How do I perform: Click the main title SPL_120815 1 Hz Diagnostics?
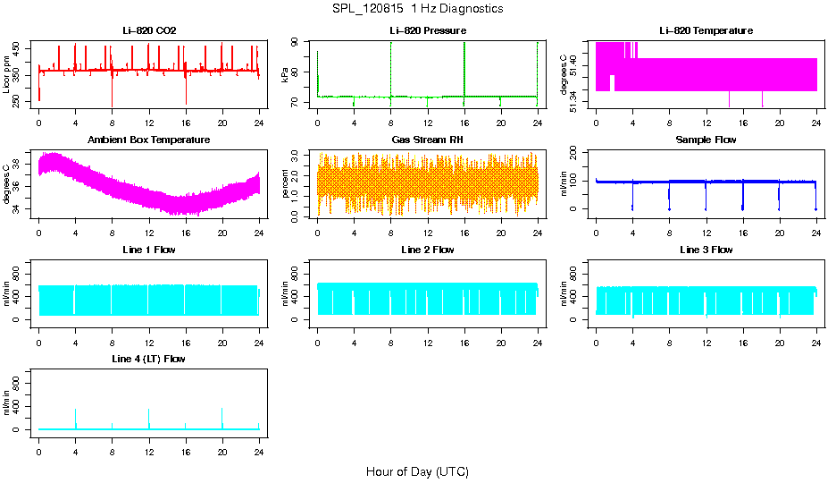click(418, 9)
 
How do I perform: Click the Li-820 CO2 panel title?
click(149, 30)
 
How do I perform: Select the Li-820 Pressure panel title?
click(427, 30)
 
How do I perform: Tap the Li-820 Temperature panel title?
click(706, 30)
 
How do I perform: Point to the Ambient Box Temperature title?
click(149, 140)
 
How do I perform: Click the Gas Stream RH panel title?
click(427, 140)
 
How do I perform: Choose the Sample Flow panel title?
click(706, 140)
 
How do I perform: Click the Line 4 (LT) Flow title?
click(149, 359)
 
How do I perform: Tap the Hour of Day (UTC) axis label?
click(417, 471)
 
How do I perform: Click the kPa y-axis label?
click(285, 75)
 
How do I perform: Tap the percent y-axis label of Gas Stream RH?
click(285, 184)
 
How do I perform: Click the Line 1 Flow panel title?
click(149, 250)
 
